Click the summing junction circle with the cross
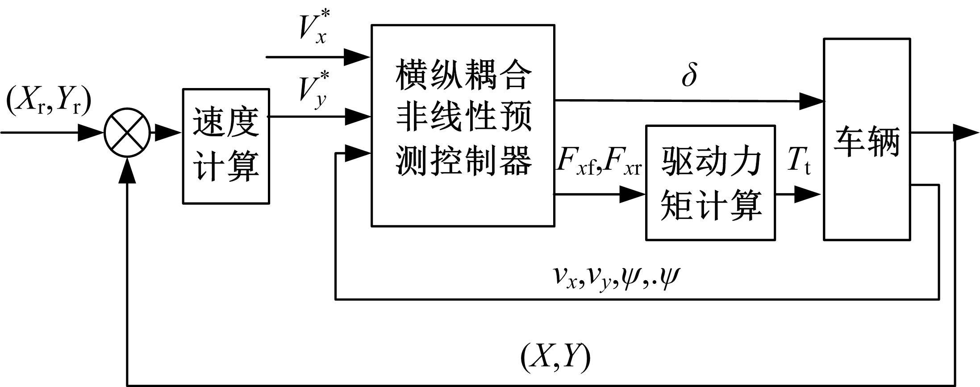pos(127,133)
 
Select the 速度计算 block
pos(226,146)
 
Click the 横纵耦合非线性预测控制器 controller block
pos(463,126)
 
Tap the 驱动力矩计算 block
pos(710,183)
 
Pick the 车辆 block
pos(867,139)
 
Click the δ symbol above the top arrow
pos(689,76)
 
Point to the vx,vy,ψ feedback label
pos(616,277)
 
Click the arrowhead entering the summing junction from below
pos(128,169)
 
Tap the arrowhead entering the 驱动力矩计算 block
pos(633,194)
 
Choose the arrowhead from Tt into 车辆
pos(808,194)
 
